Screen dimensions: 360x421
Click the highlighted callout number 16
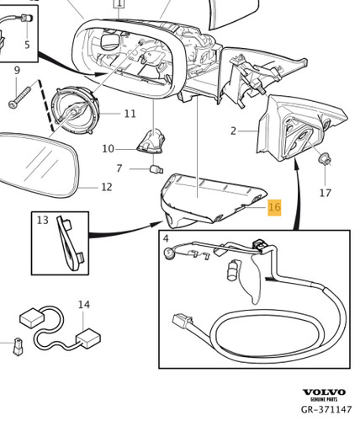click(x=274, y=207)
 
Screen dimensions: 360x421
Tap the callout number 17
click(x=326, y=193)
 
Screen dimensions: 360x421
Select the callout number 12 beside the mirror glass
click(x=107, y=187)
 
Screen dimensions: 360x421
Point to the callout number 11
click(x=130, y=114)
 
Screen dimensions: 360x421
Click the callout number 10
click(x=109, y=149)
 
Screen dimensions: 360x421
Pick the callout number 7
click(x=119, y=168)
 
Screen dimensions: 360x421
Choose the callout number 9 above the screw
click(x=17, y=70)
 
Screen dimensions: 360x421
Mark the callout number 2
click(x=233, y=131)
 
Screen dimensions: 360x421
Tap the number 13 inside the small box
click(x=43, y=221)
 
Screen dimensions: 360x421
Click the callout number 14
click(x=84, y=305)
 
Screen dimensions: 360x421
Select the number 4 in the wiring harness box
click(x=166, y=239)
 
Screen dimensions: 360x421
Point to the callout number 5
click(x=27, y=45)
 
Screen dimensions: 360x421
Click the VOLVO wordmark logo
click(x=324, y=392)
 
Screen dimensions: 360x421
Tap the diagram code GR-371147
click(x=326, y=409)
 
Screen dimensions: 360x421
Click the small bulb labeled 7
click(x=156, y=169)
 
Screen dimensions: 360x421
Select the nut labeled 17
click(x=325, y=159)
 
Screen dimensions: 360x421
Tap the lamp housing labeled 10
click(x=151, y=141)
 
